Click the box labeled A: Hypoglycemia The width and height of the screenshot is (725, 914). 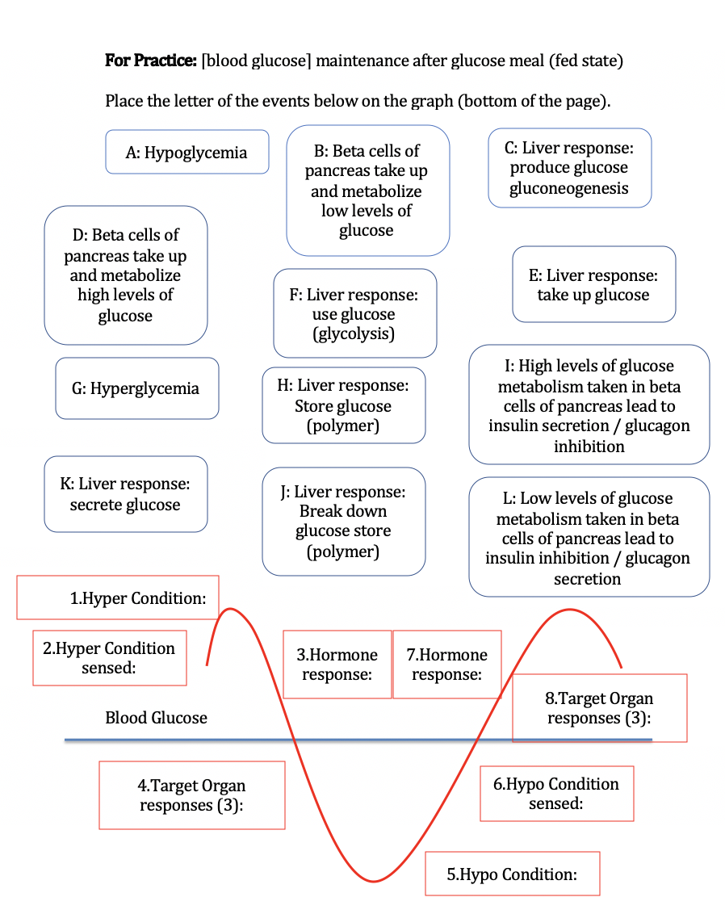pyautogui.click(x=186, y=152)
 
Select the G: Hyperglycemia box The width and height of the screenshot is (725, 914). pyautogui.click(x=136, y=388)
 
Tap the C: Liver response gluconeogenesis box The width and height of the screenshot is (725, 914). pyautogui.click(x=569, y=168)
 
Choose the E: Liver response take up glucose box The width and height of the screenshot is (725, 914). pyautogui.click(x=593, y=284)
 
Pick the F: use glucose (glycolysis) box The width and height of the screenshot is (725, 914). pyautogui.click(x=354, y=313)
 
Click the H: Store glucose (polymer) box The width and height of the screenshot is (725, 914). pyautogui.click(x=343, y=405)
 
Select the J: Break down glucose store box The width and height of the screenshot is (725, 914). pyautogui.click(x=343, y=521)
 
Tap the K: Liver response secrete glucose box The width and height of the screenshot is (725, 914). pyautogui.click(x=125, y=494)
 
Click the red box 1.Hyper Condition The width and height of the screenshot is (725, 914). pyautogui.click(x=118, y=597)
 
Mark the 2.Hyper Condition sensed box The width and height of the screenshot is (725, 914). pyautogui.click(x=109, y=657)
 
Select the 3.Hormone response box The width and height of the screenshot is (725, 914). pyautogui.click(x=337, y=664)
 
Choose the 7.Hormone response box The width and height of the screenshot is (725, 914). pyautogui.click(x=446, y=664)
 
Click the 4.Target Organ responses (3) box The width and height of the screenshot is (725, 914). pyautogui.click(x=191, y=795)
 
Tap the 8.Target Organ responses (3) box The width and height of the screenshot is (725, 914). pyautogui.click(x=599, y=707)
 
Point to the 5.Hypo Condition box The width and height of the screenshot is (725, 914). pyautogui.click(x=512, y=874)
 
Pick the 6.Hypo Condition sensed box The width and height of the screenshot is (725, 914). pyautogui.click(x=556, y=793)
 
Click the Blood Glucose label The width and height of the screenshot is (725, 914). pyautogui.click(x=156, y=718)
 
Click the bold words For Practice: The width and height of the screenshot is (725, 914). pyautogui.click(x=151, y=61)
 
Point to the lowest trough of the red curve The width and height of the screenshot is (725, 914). pyautogui.click(x=374, y=881)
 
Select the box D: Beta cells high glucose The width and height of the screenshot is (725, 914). pyautogui.click(x=125, y=275)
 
